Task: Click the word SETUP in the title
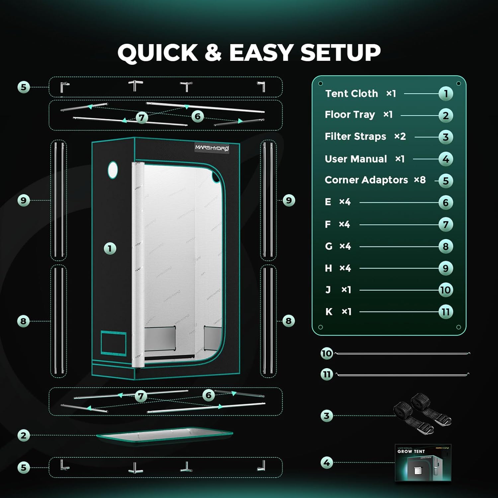click(340, 52)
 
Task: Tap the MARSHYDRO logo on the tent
click(212, 148)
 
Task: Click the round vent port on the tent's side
click(113, 170)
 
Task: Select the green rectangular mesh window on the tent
click(114, 343)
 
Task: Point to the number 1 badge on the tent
click(110, 248)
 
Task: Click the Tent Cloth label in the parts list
click(352, 94)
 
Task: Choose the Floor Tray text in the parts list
click(350, 115)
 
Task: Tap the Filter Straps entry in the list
click(356, 136)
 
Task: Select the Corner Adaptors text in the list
click(366, 180)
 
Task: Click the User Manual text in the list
click(356, 159)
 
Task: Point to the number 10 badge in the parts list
click(446, 290)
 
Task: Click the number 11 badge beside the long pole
click(327, 374)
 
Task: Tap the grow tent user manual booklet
click(423, 462)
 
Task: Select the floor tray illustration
click(164, 435)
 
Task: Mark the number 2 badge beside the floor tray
click(24, 435)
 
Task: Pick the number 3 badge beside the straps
click(327, 416)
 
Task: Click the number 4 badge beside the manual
click(327, 462)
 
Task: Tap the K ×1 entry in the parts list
click(338, 312)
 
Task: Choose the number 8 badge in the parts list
click(446, 246)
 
